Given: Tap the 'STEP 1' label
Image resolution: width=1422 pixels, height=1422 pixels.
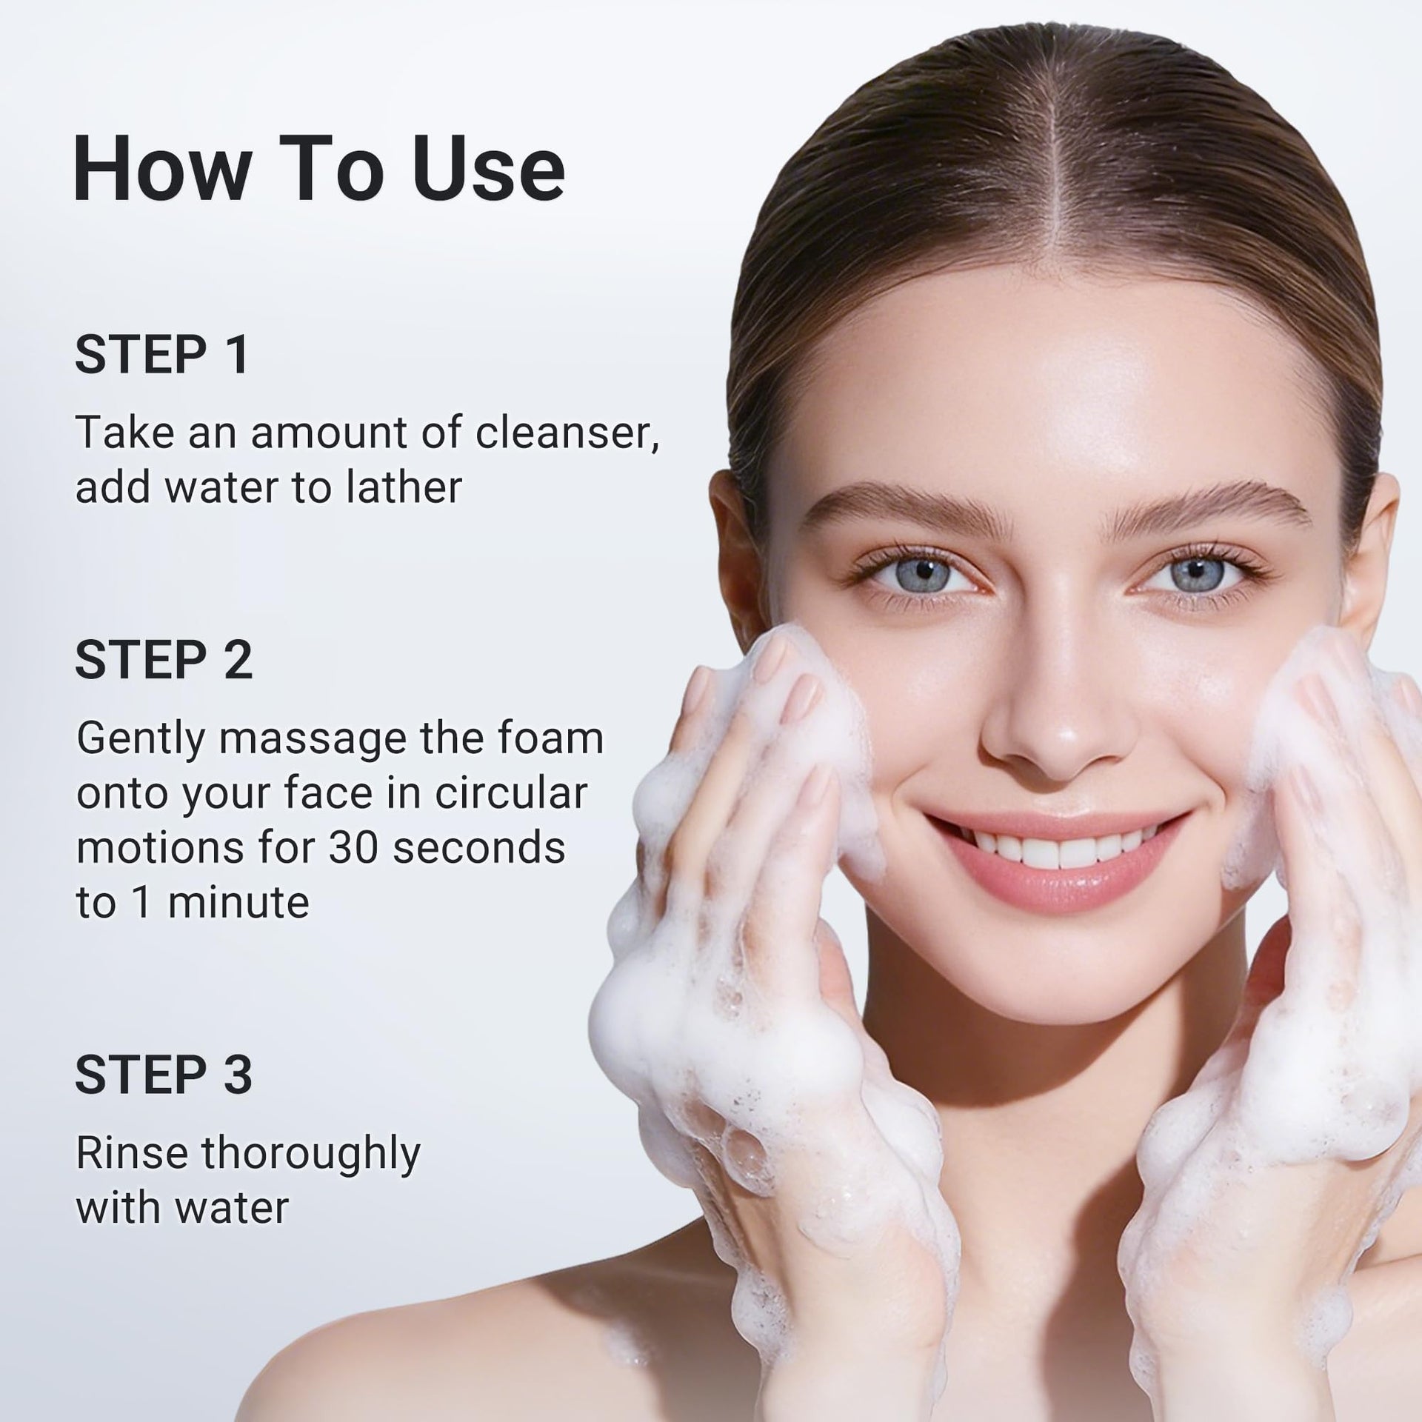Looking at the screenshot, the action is click(162, 355).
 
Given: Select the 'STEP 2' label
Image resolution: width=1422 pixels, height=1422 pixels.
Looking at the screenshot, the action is click(164, 660).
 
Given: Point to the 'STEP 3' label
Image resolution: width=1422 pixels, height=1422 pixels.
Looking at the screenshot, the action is click(164, 1075).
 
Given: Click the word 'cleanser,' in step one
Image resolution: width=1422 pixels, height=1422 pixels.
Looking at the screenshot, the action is click(567, 433).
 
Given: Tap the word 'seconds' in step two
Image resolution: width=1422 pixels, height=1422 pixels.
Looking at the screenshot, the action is click(478, 848).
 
